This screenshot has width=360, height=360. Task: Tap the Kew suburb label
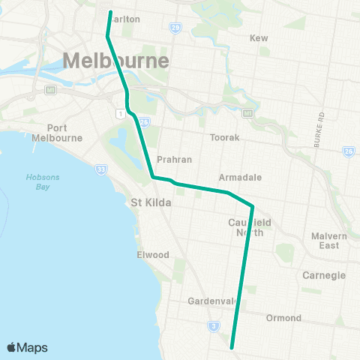(258, 37)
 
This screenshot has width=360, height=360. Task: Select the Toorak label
(224, 138)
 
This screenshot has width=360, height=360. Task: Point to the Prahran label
(175, 160)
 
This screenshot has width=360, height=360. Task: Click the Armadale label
(240, 177)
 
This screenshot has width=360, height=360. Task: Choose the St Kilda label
(151, 202)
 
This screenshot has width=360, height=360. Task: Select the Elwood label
(153, 254)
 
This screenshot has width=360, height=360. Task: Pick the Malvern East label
(330, 241)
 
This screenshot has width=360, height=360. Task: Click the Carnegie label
(323, 275)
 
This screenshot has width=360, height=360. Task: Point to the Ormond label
(283, 318)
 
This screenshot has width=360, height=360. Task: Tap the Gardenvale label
(212, 301)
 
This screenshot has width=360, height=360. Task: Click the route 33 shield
(100, 169)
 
